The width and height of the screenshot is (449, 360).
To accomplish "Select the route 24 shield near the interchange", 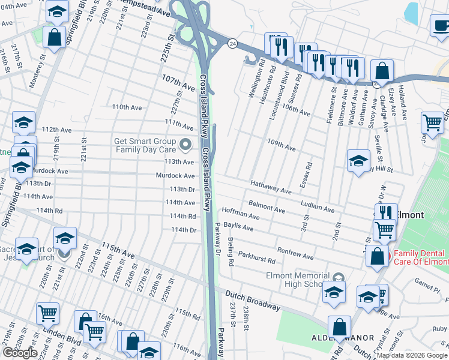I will point(231,43).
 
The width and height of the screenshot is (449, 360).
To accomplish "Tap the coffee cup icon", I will point(441,26).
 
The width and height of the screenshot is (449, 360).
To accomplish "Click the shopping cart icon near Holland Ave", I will point(432,122).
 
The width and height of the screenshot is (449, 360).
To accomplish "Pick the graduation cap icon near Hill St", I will point(358,160).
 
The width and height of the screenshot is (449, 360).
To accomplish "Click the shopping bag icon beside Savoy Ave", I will point(382,71).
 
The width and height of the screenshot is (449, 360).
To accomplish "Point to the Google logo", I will point(19,353).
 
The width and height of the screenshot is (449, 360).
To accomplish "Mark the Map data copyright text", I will point(412,355).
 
